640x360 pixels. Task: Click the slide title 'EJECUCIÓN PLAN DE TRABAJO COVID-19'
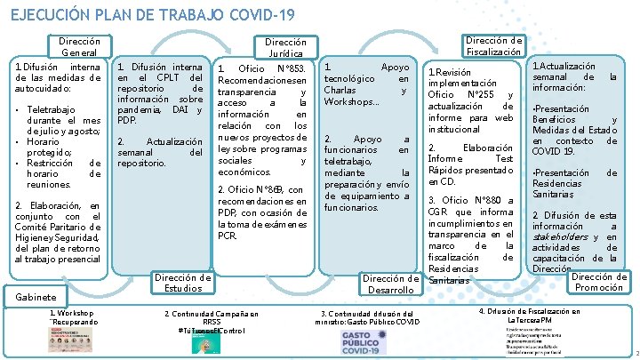click(152, 15)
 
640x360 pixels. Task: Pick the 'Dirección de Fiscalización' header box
click(495, 46)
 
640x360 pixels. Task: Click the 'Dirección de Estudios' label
click(183, 283)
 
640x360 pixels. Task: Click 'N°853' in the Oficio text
click(292, 69)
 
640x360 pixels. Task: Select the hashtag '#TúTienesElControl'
click(210, 330)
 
